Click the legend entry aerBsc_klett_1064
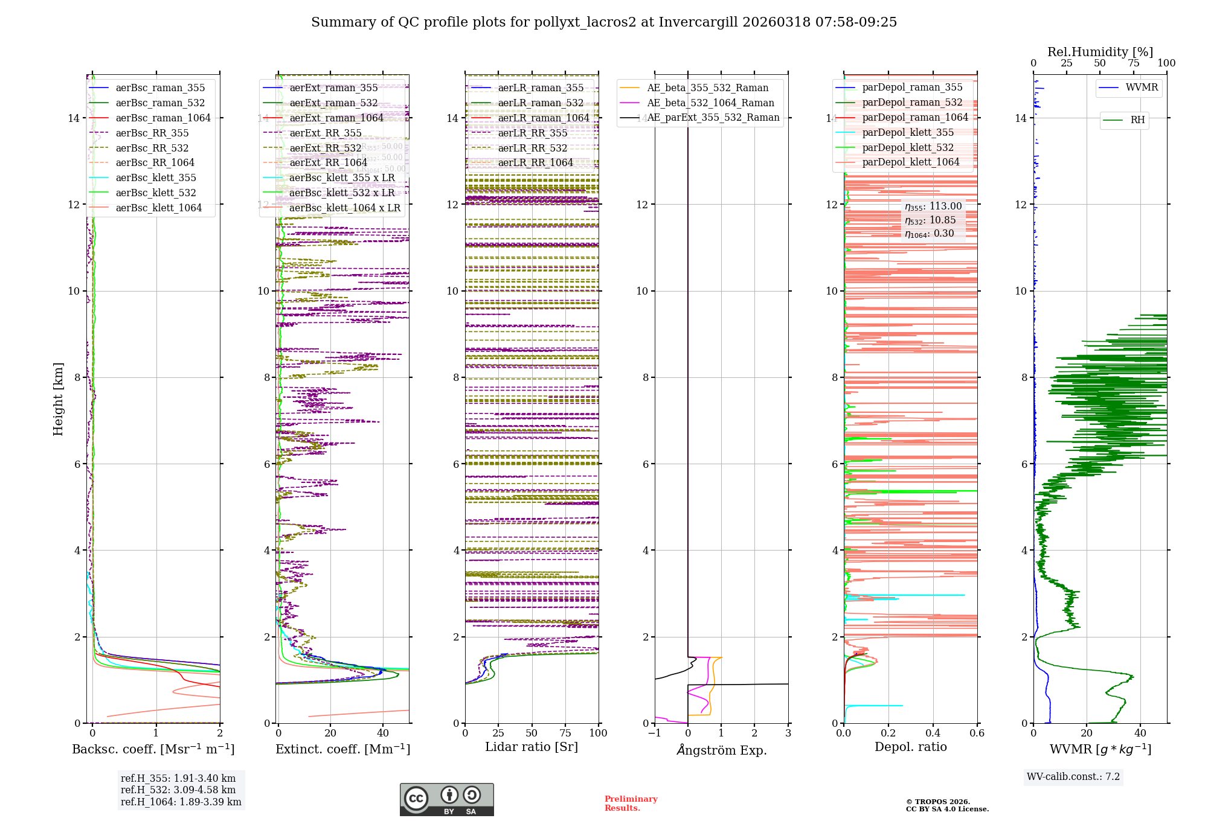tap(158, 208)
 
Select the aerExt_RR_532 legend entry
tap(325, 148)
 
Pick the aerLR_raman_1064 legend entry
tap(543, 118)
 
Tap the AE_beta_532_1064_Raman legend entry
tap(710, 103)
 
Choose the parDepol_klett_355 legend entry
tap(908, 132)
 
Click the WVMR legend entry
tap(1142, 88)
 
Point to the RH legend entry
tap(1137, 120)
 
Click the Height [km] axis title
tap(58, 399)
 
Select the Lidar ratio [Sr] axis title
tap(532, 747)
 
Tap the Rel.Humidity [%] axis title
tap(1100, 52)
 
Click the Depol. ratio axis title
tap(910, 747)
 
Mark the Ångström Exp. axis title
tap(721, 750)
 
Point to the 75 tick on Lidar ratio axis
tap(565, 733)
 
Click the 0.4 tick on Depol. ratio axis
tap(933, 733)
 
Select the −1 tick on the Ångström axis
tap(654, 733)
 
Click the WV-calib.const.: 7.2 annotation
tap(1073, 776)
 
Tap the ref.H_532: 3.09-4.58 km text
tap(178, 790)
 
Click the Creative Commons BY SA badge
tap(446, 799)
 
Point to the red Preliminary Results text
tap(631, 803)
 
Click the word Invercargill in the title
tap(699, 22)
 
